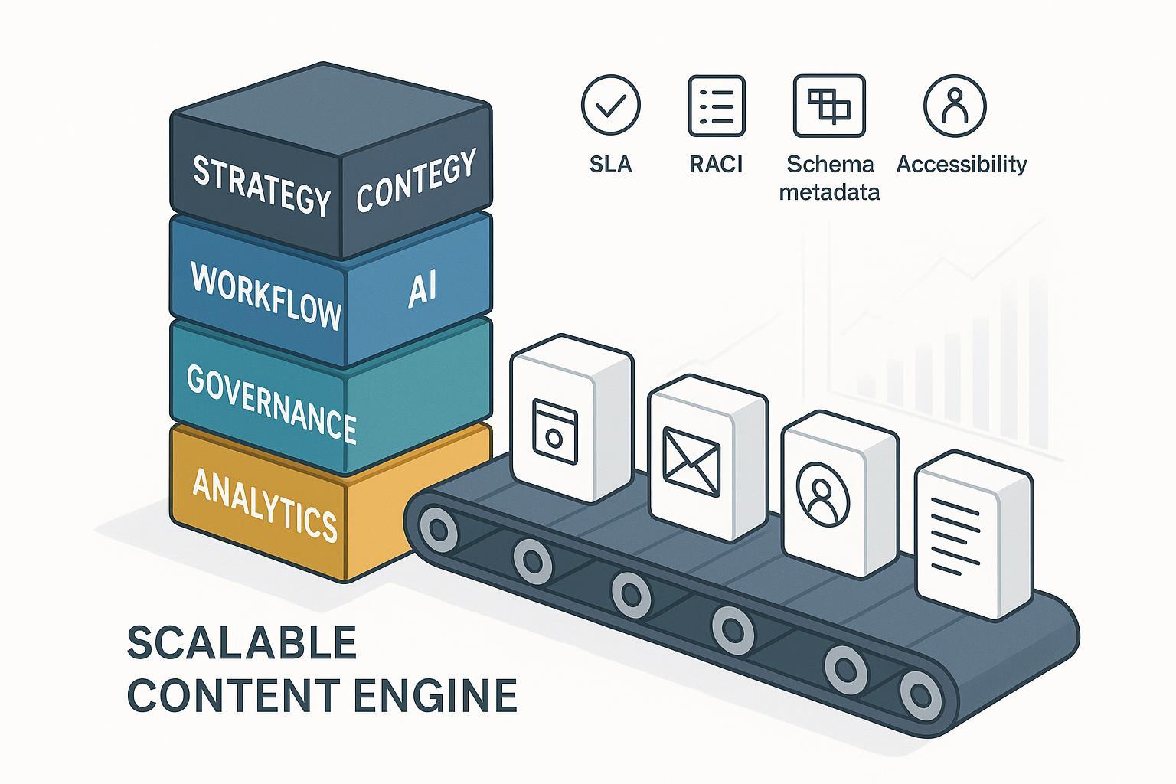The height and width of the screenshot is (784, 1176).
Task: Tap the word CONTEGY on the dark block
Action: point(416,181)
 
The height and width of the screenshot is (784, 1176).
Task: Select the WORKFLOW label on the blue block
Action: point(266,296)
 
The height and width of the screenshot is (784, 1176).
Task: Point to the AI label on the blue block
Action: point(421,289)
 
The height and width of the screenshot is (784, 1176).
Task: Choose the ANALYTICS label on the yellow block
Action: point(265,505)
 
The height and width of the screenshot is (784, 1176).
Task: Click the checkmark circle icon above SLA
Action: point(610,105)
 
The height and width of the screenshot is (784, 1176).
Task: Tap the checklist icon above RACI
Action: point(716,105)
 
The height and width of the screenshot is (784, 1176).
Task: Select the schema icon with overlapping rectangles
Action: point(829,105)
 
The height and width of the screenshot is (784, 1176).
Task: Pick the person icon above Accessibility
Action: point(954,105)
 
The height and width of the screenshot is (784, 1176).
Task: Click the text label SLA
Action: point(611,165)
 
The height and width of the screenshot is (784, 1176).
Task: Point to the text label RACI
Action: point(716,165)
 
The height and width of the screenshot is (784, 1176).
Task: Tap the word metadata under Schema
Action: point(829,191)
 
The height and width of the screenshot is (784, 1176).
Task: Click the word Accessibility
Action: point(961,165)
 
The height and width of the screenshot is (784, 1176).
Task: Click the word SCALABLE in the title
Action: point(242,644)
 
